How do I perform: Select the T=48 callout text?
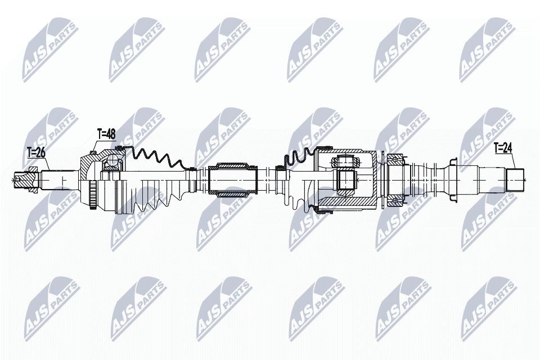coord(106,134)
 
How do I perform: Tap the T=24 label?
coord(504,149)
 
